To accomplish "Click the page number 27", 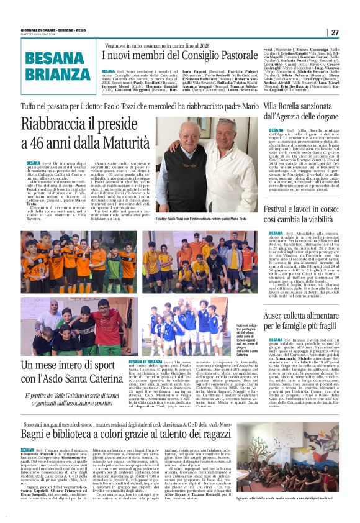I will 335,32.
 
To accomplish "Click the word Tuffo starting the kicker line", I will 30,107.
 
